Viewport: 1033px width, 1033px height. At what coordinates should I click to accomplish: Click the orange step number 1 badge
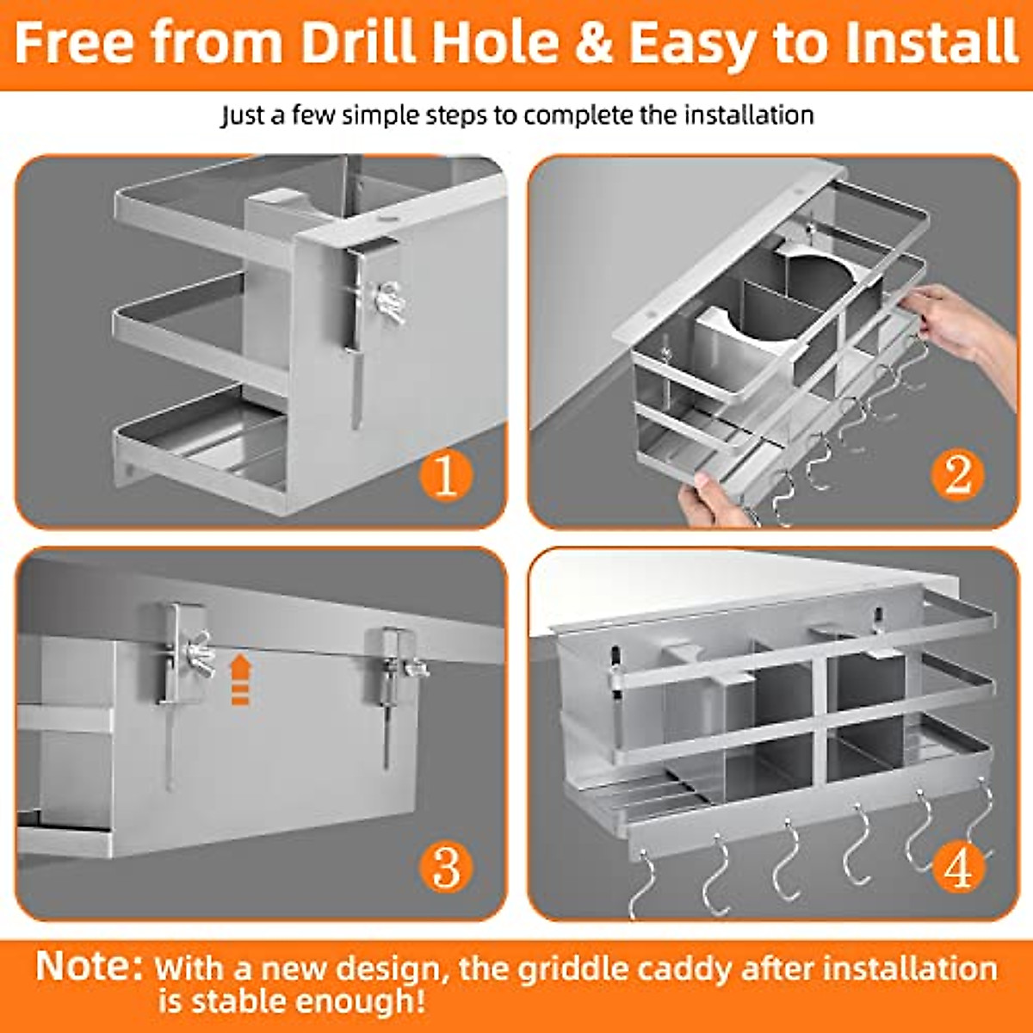(x=445, y=474)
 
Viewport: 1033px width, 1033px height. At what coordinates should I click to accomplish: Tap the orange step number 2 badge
(x=957, y=474)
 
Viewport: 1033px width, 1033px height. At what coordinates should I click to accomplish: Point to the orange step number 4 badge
(x=958, y=866)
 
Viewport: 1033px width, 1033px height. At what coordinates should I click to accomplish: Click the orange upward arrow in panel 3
(x=240, y=678)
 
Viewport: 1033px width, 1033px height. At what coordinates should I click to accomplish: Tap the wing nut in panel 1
(x=388, y=301)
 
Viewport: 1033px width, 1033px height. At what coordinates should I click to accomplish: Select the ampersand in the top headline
(x=592, y=43)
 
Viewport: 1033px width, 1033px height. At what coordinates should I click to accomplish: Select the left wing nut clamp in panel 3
(x=185, y=650)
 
